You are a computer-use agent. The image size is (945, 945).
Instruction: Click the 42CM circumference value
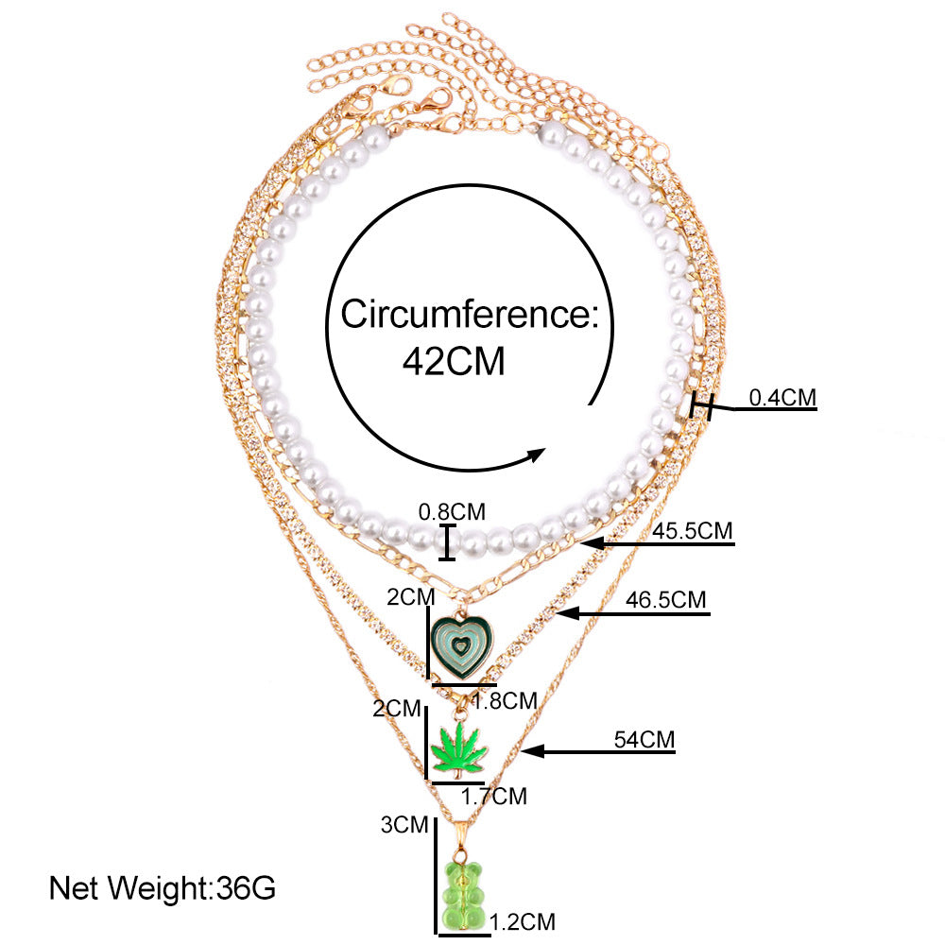[x=454, y=362]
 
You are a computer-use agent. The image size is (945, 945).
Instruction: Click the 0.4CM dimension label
[x=782, y=398]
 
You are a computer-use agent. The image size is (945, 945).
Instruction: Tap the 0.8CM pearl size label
[x=452, y=511]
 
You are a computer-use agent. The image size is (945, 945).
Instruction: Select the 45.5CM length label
[x=693, y=531]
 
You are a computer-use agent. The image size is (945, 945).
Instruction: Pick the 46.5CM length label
[x=665, y=600]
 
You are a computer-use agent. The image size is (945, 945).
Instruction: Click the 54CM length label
[x=644, y=740]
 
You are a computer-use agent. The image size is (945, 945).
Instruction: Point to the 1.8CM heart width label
[x=505, y=701]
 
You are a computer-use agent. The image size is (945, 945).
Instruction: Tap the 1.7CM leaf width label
[x=494, y=796]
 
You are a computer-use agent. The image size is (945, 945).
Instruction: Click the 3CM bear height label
[x=404, y=824]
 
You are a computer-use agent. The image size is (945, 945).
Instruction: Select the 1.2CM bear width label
[x=523, y=921]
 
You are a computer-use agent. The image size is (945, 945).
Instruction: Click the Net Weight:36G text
[x=163, y=887]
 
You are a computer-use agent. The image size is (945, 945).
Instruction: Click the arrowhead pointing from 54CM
[x=533, y=751]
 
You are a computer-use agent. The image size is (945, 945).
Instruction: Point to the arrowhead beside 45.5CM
[x=593, y=543]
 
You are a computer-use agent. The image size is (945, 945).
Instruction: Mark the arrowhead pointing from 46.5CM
[x=568, y=613]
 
